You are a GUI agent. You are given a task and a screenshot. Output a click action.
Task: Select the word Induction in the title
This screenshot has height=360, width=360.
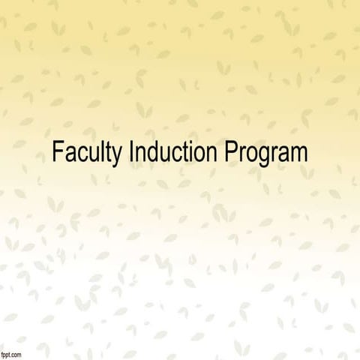(175, 152)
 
